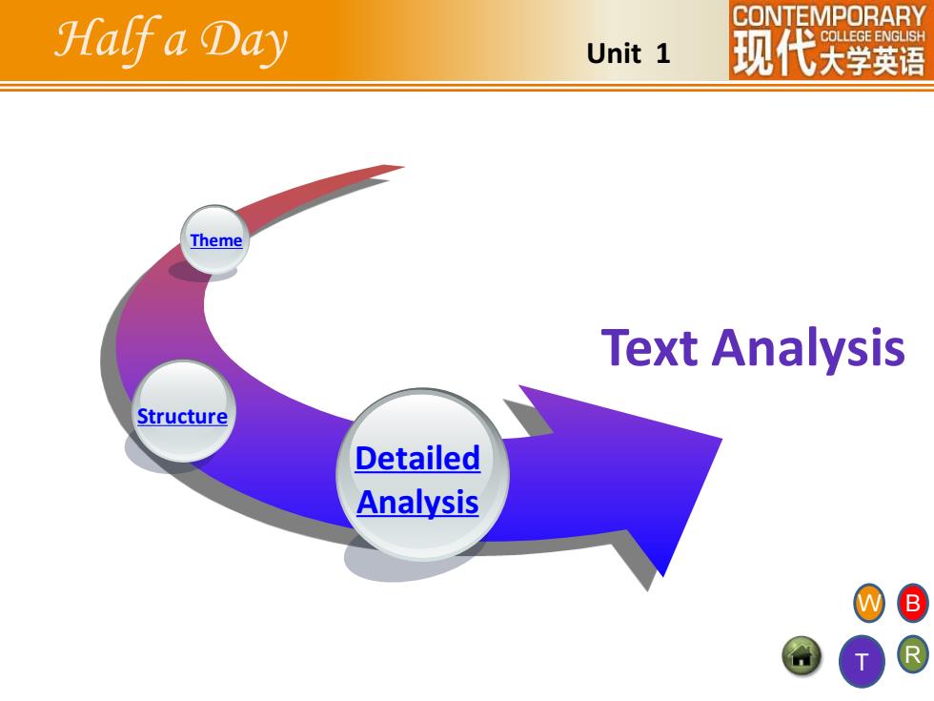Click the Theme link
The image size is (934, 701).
pyautogui.click(x=215, y=240)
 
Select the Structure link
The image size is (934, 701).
pyautogui.click(x=182, y=416)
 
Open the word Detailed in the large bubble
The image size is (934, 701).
pyautogui.click(x=417, y=459)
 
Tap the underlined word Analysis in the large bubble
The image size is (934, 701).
pyautogui.click(x=417, y=503)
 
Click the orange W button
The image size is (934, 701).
pyautogui.click(x=869, y=603)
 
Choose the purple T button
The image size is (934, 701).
pyautogui.click(x=862, y=661)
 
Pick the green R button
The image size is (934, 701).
pyautogui.click(x=913, y=655)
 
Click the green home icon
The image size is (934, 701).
pyautogui.click(x=802, y=656)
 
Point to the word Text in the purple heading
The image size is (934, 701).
pyautogui.click(x=649, y=347)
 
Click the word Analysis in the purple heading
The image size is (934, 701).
pyautogui.click(x=808, y=349)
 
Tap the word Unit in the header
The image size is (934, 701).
pyautogui.click(x=614, y=53)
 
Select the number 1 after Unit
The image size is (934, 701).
pyautogui.click(x=663, y=53)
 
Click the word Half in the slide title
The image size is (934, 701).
pyautogui.click(x=107, y=39)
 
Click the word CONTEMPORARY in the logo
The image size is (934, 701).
pyautogui.click(x=828, y=16)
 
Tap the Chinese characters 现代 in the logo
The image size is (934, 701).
pyautogui.click(x=775, y=53)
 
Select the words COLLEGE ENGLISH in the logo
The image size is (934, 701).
pyautogui.click(x=873, y=36)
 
